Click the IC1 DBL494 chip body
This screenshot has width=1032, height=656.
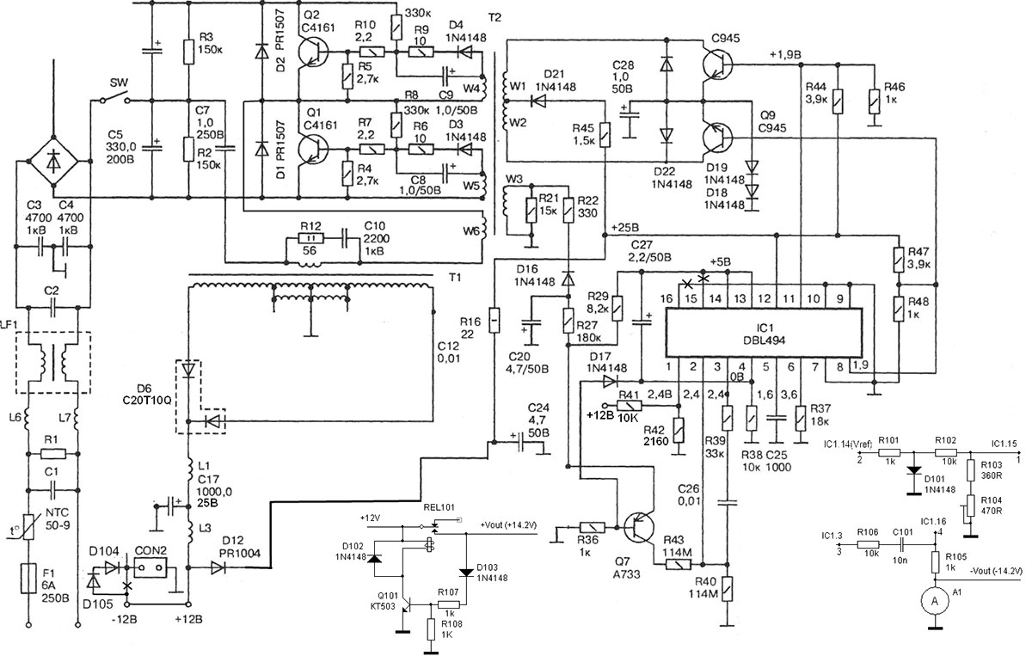(x=764, y=333)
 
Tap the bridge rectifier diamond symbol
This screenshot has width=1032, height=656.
(x=53, y=162)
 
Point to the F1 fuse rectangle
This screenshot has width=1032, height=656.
(x=28, y=578)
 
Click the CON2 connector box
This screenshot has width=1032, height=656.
(x=150, y=567)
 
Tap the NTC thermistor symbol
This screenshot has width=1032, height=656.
(x=28, y=526)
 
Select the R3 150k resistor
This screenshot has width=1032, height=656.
(x=188, y=51)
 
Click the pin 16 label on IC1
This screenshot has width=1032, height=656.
(x=666, y=298)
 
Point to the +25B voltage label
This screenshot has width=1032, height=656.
(x=625, y=228)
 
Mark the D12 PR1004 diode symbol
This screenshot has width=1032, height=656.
(x=218, y=567)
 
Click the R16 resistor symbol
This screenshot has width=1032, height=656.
(x=494, y=320)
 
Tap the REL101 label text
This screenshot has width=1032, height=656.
(x=439, y=507)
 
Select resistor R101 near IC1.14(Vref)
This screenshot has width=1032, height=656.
(x=888, y=453)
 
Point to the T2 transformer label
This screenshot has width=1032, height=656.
(x=494, y=17)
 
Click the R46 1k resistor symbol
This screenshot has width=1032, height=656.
(x=874, y=101)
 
